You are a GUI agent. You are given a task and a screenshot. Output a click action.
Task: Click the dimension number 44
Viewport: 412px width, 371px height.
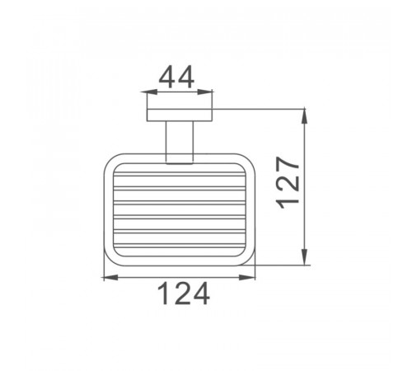point(176,77)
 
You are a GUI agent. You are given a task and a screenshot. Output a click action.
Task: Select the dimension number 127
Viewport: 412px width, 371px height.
point(288,183)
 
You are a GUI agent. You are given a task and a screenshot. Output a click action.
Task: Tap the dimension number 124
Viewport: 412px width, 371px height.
point(184,294)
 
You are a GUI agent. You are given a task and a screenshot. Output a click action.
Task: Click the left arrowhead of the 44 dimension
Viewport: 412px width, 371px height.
point(149,92)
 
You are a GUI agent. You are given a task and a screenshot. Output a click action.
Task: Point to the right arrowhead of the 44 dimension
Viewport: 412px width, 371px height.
point(205,92)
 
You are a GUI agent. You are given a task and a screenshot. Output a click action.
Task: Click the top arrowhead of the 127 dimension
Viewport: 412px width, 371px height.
point(304,117)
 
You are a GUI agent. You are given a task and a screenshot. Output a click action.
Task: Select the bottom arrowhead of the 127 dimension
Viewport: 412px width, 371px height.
point(304,257)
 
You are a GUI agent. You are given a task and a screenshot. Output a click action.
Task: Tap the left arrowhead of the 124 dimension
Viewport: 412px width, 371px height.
point(110,278)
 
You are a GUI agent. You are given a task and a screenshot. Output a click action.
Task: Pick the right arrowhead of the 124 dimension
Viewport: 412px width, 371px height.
point(247,278)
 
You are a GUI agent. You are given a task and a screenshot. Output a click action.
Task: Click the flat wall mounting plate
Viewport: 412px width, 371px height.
point(180,115)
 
